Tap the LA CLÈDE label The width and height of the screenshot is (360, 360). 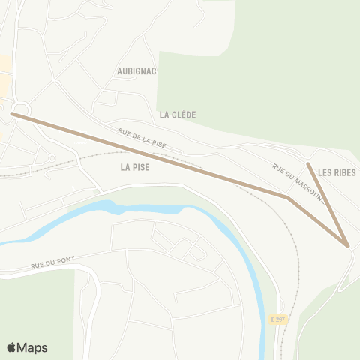178,115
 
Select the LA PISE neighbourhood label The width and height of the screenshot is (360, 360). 135,168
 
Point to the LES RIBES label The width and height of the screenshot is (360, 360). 337,172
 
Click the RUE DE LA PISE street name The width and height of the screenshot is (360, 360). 142,137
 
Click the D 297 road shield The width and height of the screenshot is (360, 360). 278,319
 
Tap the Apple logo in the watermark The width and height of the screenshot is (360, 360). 12,347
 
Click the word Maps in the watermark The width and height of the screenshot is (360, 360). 33,347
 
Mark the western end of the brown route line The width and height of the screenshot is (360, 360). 12,114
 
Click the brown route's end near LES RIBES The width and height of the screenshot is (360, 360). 308,163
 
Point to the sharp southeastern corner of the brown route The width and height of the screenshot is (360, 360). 347,245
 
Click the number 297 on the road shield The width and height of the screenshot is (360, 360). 280,319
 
